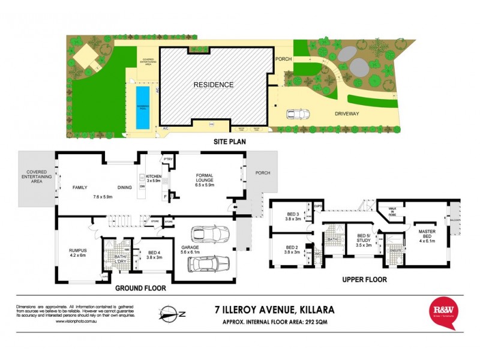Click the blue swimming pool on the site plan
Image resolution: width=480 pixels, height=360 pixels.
(143, 107)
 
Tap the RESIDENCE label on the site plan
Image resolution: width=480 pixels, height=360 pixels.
(213, 85)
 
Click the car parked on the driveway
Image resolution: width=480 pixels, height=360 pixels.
(298, 114)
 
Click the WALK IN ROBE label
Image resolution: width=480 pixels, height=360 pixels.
(394, 211)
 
